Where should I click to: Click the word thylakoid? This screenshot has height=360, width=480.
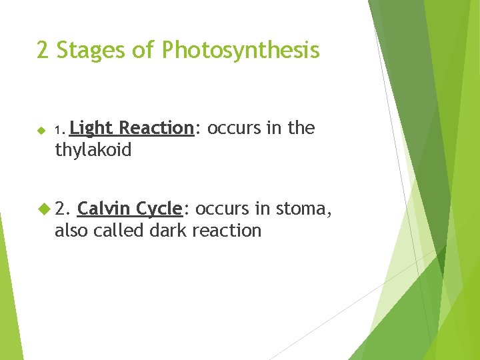click(93, 151)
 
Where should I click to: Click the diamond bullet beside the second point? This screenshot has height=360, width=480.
click(44, 209)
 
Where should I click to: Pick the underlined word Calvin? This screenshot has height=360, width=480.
click(104, 209)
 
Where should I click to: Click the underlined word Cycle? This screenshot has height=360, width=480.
click(159, 209)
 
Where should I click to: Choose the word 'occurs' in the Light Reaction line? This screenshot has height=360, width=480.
click(231, 128)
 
